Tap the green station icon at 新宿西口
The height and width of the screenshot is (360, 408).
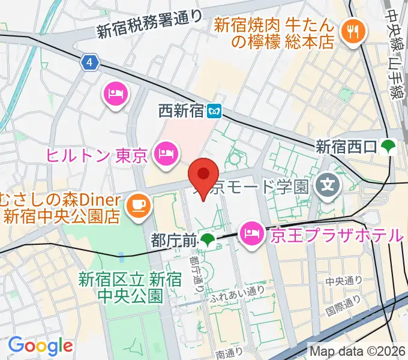[x=391, y=146]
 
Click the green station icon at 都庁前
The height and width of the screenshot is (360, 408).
[x=208, y=241]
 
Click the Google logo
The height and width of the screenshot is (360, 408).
[x=40, y=346]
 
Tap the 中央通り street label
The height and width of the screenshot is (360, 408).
[x=344, y=280]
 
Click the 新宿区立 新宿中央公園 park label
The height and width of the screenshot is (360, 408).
[x=121, y=287]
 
